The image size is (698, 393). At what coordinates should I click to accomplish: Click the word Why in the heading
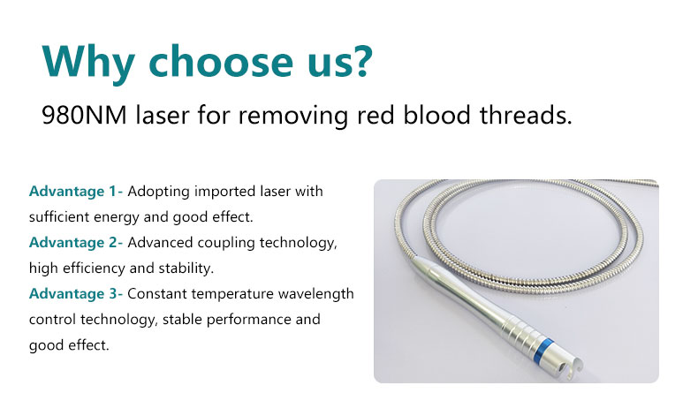[88, 63]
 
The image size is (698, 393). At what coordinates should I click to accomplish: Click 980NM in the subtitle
[84, 115]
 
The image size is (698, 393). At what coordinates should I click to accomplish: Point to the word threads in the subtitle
[526, 115]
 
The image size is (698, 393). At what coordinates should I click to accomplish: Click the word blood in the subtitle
[436, 115]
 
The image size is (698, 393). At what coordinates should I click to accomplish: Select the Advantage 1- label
[76, 192]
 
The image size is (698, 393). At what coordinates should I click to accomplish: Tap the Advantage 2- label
[76, 243]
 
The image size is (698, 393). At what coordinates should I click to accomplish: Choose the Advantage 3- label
[76, 294]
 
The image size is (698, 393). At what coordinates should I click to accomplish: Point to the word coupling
[226, 243]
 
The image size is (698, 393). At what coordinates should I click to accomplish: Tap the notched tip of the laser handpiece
[570, 367]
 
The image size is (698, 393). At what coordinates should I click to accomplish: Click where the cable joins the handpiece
[414, 260]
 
